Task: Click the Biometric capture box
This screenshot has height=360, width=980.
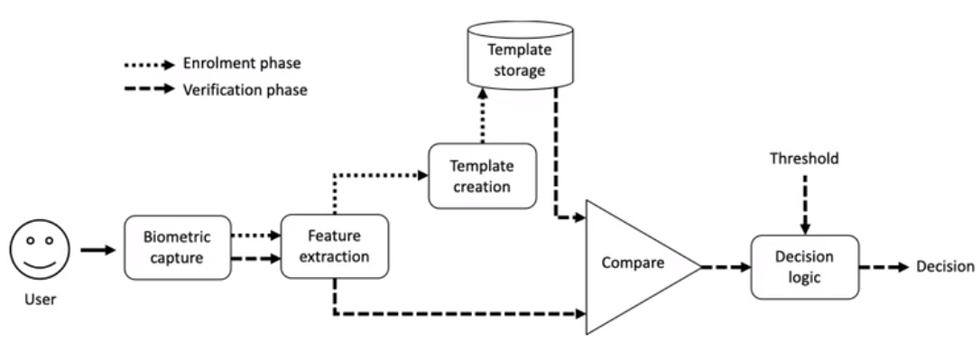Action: coord(178,247)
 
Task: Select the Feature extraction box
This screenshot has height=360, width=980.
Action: coord(335,246)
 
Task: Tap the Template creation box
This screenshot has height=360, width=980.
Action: coord(482,176)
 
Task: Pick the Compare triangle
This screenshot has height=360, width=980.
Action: coord(637,266)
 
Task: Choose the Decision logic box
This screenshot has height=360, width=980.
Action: coord(804,267)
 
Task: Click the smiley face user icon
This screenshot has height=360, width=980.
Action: coord(40,249)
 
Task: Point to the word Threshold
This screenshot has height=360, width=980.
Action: coord(804,159)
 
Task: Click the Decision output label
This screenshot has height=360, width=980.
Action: coord(945,267)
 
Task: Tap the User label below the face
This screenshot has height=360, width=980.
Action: coord(41,300)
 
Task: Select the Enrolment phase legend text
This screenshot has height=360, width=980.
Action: coord(242,63)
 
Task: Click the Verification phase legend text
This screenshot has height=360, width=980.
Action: coord(245,90)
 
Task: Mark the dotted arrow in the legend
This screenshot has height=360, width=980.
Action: coord(150,64)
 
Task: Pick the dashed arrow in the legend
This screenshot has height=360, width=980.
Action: coord(150,89)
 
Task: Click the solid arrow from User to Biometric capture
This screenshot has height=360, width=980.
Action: coord(98,250)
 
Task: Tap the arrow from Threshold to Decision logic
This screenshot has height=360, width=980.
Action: coord(805,205)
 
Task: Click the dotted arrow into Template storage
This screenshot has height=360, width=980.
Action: coord(482,115)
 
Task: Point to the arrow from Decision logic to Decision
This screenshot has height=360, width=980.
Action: coord(883,267)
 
